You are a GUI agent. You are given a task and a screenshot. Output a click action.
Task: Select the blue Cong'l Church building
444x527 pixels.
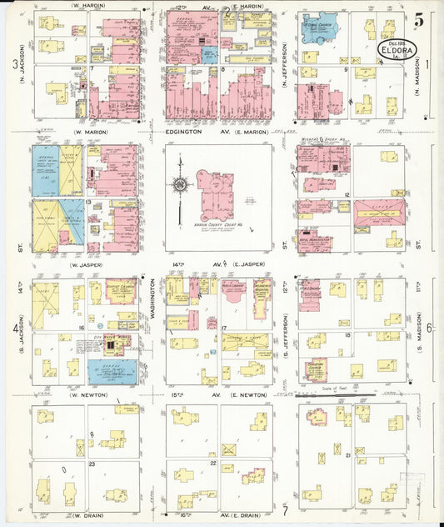coord(317,28)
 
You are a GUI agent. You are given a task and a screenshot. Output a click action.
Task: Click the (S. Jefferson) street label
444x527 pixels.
coord(287,332)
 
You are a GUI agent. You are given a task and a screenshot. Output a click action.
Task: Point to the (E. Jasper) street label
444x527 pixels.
coord(252,263)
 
